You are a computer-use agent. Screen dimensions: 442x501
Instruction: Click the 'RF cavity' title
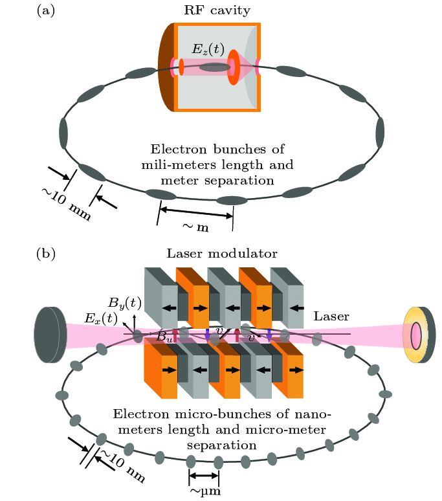point(217,10)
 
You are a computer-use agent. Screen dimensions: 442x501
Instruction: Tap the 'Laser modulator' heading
point(222,253)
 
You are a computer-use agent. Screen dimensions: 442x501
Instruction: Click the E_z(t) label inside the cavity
point(208,49)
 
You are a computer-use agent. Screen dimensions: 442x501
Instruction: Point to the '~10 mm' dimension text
point(67,204)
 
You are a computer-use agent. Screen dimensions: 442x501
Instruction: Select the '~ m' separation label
point(195,227)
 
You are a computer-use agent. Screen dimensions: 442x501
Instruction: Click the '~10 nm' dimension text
point(122,466)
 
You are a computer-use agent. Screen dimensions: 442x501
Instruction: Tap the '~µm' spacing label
point(205,491)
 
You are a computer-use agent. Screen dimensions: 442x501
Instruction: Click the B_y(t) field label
point(124,302)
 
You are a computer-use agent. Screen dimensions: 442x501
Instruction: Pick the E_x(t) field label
point(101,318)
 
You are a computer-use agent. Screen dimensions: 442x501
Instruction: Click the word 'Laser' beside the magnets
point(331,317)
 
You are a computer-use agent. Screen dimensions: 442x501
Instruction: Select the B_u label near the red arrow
point(164,337)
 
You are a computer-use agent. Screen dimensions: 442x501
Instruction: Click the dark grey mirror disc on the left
point(50,335)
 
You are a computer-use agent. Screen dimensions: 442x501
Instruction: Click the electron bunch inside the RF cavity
point(215,67)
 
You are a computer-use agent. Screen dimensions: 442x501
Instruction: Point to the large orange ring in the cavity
point(234,67)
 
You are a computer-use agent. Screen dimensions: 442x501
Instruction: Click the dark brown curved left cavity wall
point(166,67)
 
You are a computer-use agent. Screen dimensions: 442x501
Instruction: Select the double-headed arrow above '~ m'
point(196,213)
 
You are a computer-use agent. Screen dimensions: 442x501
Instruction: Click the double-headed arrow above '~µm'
point(204,476)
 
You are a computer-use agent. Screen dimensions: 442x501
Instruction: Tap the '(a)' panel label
point(46,10)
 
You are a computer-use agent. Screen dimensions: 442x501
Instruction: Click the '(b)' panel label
point(46,254)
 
